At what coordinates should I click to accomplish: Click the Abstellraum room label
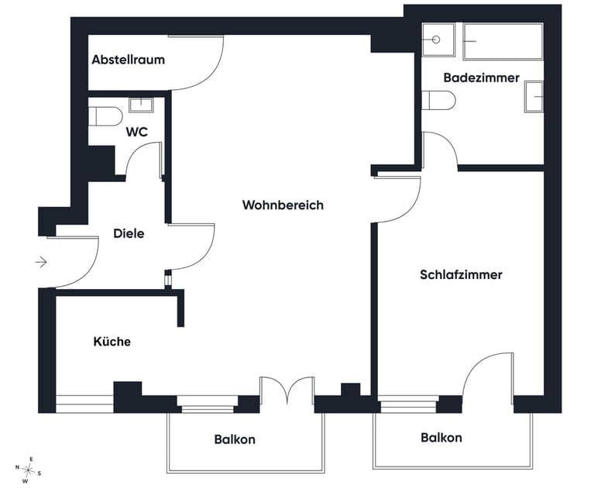point(128,60)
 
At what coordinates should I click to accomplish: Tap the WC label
point(136,132)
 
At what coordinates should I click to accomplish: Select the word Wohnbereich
point(283,205)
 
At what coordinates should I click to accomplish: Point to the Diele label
point(129,233)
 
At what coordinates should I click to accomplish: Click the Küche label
point(112,341)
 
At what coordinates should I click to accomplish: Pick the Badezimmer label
point(481,77)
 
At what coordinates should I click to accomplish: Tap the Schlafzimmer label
point(461,274)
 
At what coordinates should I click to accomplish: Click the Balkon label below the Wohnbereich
point(235,439)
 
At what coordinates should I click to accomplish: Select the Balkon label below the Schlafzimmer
point(441,438)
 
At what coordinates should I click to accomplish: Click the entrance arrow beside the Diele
point(41,261)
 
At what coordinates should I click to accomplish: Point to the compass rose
point(28,470)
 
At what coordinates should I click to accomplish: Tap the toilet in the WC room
point(105,116)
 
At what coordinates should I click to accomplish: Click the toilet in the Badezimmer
point(438,100)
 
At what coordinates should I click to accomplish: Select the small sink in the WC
point(141,105)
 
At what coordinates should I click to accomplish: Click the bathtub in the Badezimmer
point(503,41)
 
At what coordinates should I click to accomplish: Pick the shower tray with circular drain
point(438,40)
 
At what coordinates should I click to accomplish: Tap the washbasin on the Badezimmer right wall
point(534,97)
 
